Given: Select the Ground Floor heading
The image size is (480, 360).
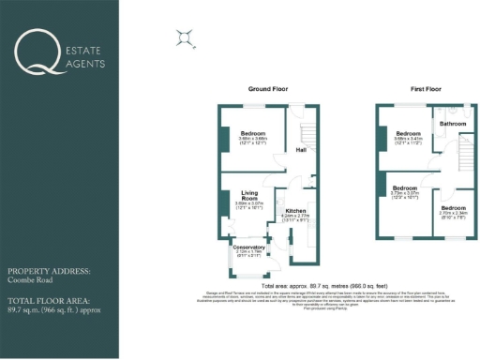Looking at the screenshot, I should (266, 88).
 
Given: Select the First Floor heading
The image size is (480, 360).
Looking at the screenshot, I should (426, 88).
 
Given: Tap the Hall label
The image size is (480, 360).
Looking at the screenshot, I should (301, 149).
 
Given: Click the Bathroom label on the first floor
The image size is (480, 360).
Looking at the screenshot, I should (454, 124).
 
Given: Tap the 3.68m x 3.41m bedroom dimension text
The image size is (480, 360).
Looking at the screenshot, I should (408, 140).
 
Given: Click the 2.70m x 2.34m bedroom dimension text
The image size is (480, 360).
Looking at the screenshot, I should (454, 212).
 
